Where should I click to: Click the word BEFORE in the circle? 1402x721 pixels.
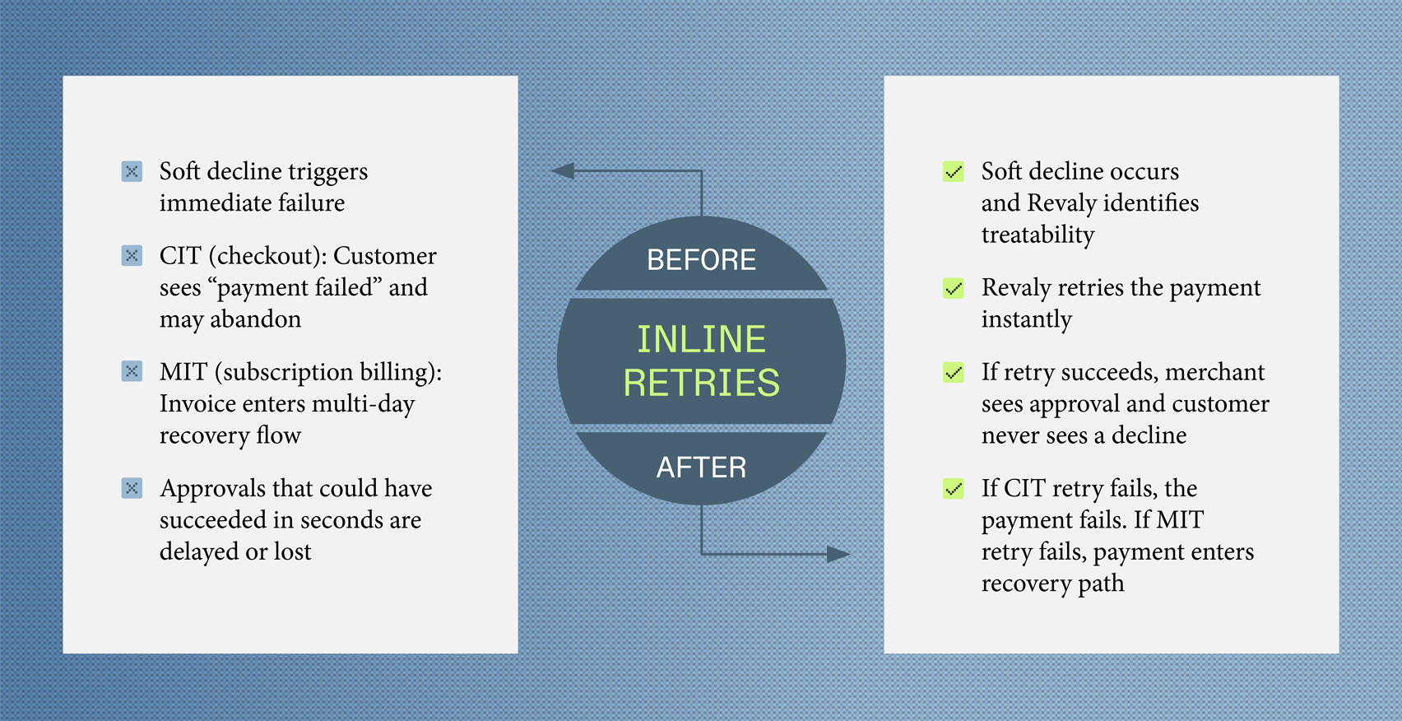tap(701, 260)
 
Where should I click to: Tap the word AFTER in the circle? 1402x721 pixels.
tap(701, 467)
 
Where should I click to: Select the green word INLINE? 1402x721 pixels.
tap(701, 339)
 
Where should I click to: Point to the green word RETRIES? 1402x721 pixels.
tap(701, 383)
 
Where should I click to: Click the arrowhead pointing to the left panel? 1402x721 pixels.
tap(563, 171)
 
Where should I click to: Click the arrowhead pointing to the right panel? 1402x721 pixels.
tap(838, 554)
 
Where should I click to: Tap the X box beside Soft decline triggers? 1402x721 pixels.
tap(132, 171)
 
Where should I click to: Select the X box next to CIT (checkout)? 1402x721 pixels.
tap(132, 255)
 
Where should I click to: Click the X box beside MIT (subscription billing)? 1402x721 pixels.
tap(132, 371)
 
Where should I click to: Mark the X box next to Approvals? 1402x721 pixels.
tap(132, 488)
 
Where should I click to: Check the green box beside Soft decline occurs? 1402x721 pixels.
tap(954, 171)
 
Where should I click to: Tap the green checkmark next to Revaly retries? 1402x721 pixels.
tap(954, 288)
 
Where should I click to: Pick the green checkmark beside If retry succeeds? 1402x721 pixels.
tap(954, 372)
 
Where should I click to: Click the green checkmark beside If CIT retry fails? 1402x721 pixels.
tap(954, 489)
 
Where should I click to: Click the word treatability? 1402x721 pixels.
tap(1038, 235)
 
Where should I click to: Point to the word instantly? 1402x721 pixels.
tap(1026, 319)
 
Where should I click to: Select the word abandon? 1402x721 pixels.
tap(255, 319)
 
